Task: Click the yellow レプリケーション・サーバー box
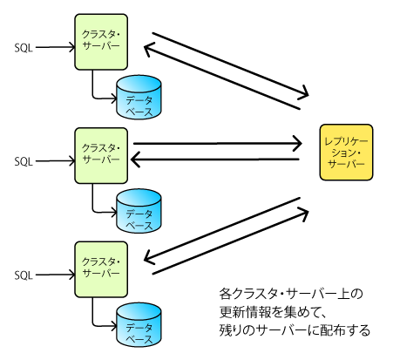coord(346,153)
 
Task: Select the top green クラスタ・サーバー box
coord(101,42)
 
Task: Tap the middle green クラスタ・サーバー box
coord(101,156)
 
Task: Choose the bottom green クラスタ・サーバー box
coord(101,269)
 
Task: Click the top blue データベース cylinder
coord(139,98)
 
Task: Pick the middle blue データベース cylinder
coord(139,211)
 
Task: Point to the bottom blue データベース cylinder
coord(139,325)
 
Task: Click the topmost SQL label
coord(24,48)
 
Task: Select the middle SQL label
coord(24,161)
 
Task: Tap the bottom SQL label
coord(24,275)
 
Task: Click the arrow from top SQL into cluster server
coord(55,47)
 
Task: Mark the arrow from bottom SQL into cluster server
coord(55,275)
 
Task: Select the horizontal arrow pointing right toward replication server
coord(217,143)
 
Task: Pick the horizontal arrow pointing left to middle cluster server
coord(215,160)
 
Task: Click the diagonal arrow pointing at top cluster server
coord(222,77)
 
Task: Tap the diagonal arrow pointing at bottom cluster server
coord(222,230)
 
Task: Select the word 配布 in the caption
coord(333,330)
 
